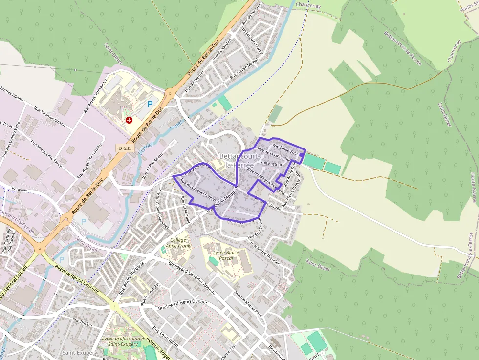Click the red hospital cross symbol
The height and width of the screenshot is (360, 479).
(x=129, y=120)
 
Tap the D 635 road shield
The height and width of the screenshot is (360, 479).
(x=125, y=148)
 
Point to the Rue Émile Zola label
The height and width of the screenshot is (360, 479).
(x=285, y=148)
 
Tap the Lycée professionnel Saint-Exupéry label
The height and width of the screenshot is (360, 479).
(x=123, y=341)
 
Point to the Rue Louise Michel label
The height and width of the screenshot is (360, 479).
(x=243, y=69)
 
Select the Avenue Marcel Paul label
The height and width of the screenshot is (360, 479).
(x=249, y=303)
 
